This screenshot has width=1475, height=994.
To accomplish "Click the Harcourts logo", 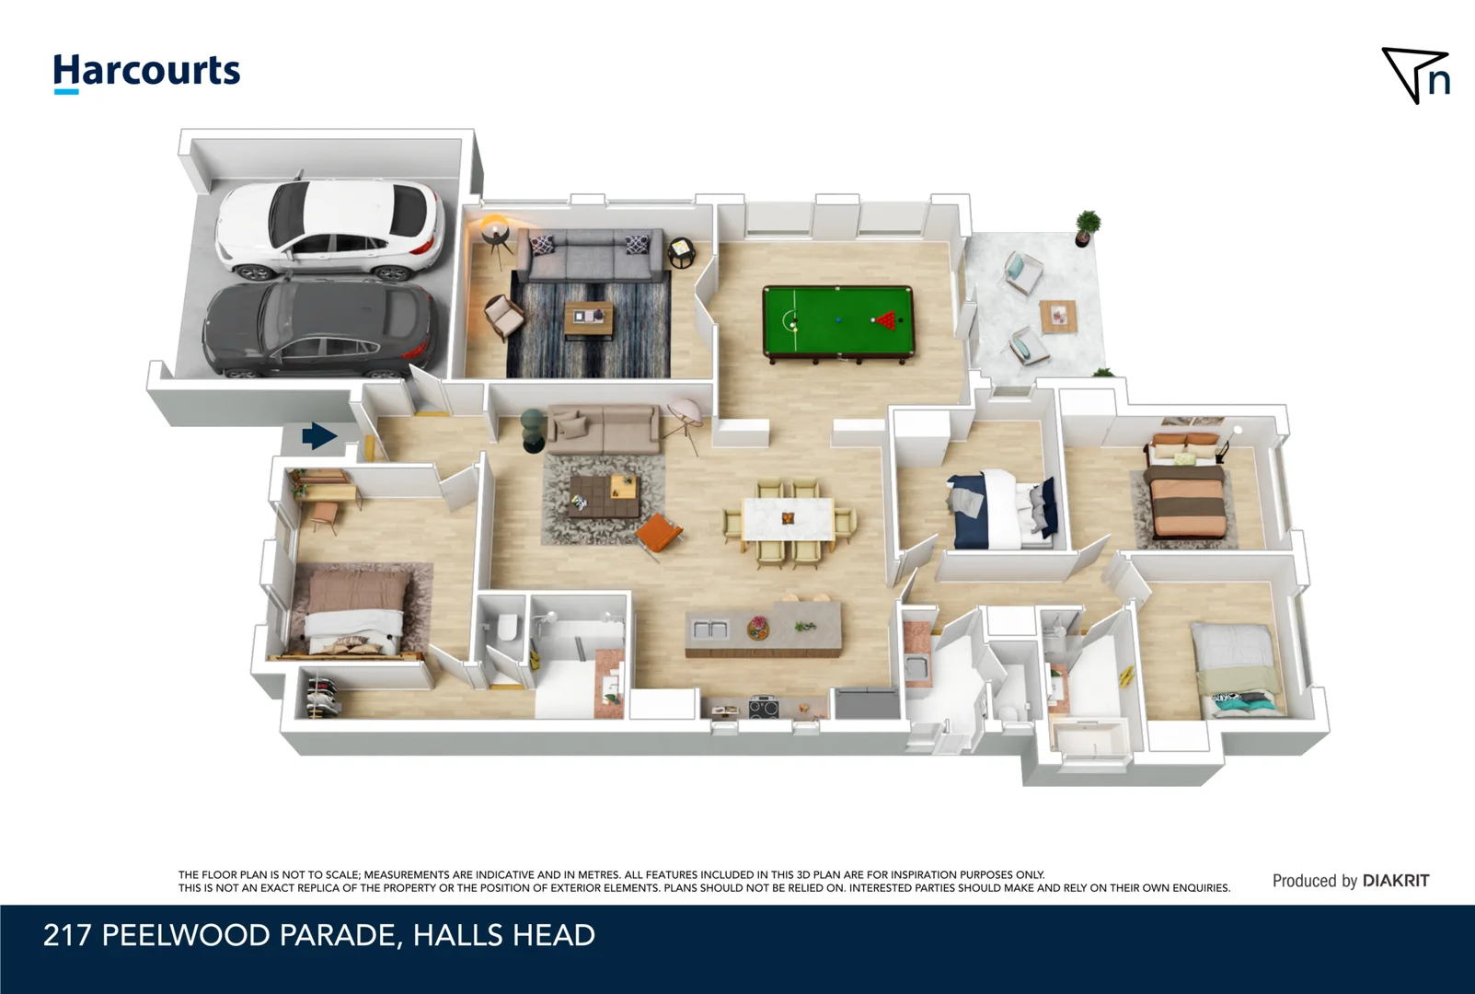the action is coord(146,73).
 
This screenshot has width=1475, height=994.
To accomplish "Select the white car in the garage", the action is coord(330,228).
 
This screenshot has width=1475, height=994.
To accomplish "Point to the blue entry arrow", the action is coord(319,435).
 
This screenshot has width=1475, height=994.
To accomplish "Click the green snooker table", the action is coord(838,324).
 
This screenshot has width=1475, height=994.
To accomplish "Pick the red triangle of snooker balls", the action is coord(886,320).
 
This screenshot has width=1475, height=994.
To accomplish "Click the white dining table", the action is coord(788,519).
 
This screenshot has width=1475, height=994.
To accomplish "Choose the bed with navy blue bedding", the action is coord(1001,509).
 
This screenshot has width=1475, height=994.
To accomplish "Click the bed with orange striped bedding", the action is coord(1187,488).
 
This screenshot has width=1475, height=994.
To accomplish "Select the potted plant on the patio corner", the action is coord(1087,228).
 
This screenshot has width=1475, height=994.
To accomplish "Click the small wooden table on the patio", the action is coord(1058,317).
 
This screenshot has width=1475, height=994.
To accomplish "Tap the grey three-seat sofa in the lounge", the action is coord(590,256).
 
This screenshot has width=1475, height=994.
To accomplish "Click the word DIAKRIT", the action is coord(1396,881).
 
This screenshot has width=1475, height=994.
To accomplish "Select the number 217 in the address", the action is coord(66,935).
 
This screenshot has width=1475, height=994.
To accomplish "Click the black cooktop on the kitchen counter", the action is coord(764,708).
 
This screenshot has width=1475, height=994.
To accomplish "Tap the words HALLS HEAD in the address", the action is coord(503,935).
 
